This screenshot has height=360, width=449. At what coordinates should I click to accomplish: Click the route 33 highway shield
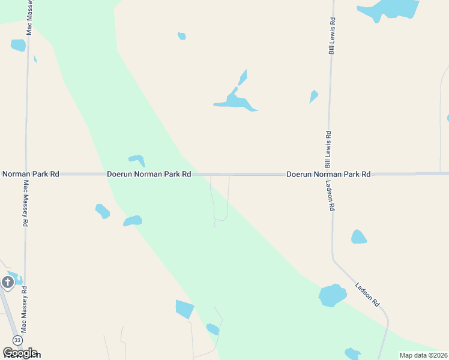pyautogui.click(x=17, y=340)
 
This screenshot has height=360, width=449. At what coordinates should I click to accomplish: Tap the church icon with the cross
pyautogui.click(x=7, y=282)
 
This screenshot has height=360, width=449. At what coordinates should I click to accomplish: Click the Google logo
pyautogui.click(x=20, y=353)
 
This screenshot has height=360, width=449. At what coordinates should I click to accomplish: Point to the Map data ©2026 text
pyautogui.click(x=423, y=355)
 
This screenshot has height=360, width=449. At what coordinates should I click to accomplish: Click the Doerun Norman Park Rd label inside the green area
pyautogui.click(x=149, y=174)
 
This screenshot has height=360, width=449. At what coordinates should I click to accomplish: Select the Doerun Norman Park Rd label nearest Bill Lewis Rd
pyautogui.click(x=328, y=174)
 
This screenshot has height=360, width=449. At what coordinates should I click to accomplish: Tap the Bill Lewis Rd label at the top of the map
pyautogui.click(x=331, y=36)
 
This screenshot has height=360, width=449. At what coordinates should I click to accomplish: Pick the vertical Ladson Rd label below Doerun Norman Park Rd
pyautogui.click(x=330, y=196)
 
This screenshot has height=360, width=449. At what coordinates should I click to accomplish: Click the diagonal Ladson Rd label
pyautogui.click(x=367, y=295)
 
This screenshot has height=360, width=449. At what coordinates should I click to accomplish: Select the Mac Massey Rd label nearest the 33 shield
pyautogui.click(x=25, y=309)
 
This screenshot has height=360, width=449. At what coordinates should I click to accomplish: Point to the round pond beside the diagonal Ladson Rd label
pyautogui.click(x=332, y=296)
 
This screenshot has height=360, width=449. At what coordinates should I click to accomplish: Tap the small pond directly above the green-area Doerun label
pyautogui.click(x=137, y=160)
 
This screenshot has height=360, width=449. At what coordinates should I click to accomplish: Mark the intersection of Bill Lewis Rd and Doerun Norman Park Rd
pyautogui.click(x=330, y=174)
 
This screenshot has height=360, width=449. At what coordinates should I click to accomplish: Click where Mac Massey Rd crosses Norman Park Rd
pyautogui.click(x=26, y=174)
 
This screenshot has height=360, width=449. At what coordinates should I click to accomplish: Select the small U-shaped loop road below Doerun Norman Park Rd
pyautogui.click(x=220, y=204)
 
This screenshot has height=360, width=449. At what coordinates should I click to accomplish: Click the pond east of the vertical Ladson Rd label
pyautogui.click(x=358, y=237)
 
